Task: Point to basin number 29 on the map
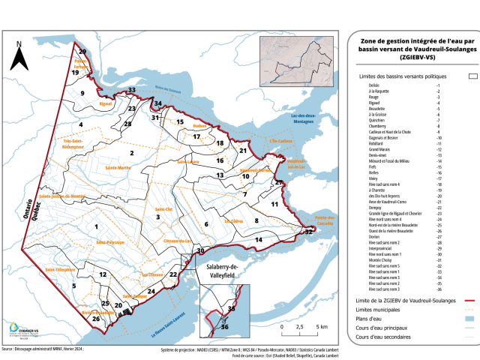click(82, 51)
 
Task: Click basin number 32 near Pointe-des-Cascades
click(308, 232)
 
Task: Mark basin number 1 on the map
click(96, 226)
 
